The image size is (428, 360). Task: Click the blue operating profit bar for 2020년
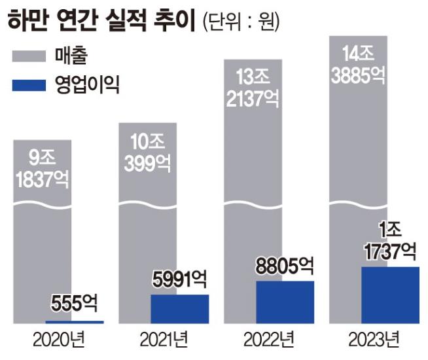point(74,322)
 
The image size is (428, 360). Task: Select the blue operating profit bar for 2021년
point(179,309)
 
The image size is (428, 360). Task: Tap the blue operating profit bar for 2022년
point(285,302)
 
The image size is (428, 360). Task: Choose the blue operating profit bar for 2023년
point(390,295)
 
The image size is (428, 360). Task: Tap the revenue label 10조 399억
point(147,154)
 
